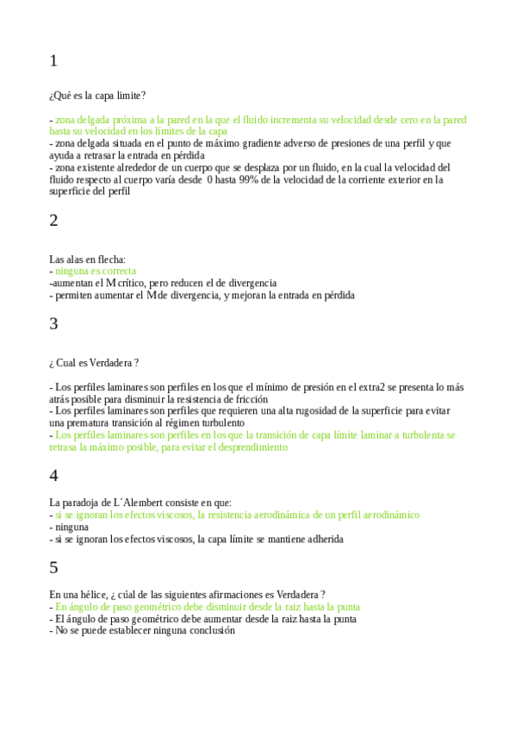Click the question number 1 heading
53,61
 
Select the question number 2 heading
53,221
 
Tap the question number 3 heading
53,324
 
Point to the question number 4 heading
53,475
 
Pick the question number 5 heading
53,567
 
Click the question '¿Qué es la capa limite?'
97,95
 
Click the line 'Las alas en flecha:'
88,259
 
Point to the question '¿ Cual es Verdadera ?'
95,362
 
